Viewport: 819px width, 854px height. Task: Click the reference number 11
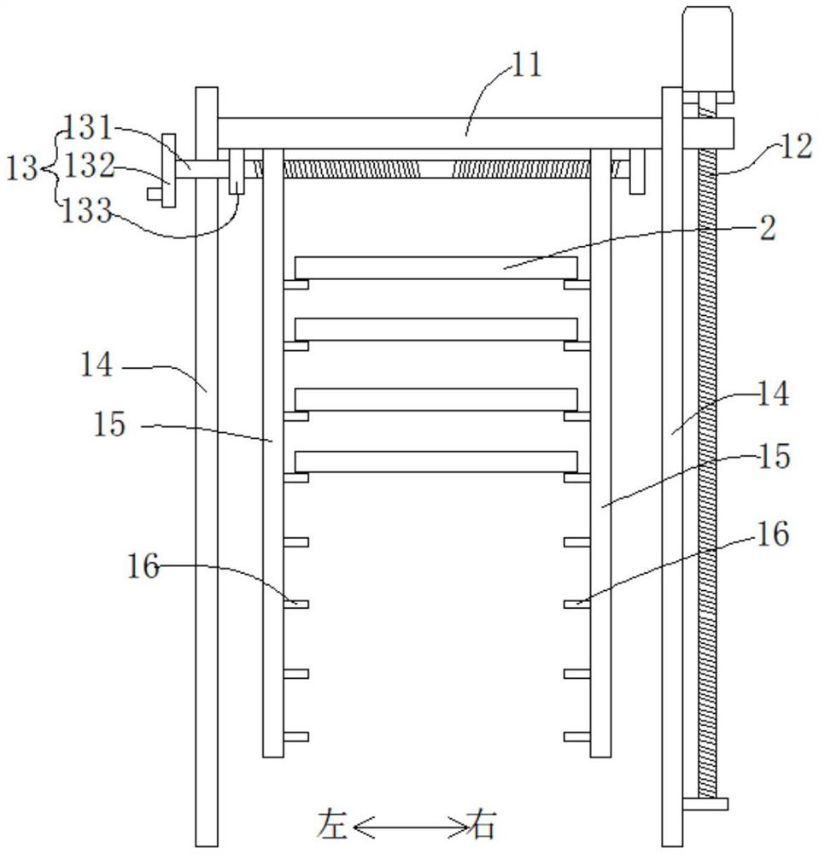coord(526,65)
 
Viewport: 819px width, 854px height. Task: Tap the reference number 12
coord(797,147)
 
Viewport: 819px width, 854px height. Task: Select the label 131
coord(88,128)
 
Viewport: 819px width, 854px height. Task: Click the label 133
coord(86,211)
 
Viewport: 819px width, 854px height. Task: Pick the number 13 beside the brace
coord(22,168)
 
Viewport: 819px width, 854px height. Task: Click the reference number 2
coord(768,228)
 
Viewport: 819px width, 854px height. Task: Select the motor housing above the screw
coord(707,49)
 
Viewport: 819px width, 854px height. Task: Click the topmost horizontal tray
coord(436,268)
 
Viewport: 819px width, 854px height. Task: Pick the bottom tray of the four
coord(436,462)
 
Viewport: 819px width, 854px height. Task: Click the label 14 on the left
coord(97,365)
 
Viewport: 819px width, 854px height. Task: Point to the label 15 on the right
coord(773,456)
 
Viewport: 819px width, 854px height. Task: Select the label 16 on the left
coord(143,566)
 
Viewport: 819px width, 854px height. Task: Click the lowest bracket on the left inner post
coord(296,737)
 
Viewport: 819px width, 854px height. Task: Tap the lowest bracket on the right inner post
coord(577,737)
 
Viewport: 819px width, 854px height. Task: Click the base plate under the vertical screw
coord(705,804)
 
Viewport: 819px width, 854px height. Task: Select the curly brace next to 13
coord(50,167)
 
